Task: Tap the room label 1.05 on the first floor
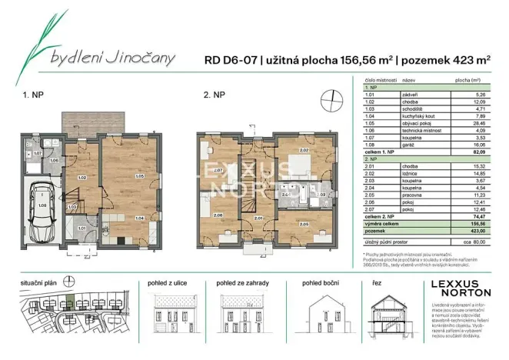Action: click(x=139, y=176)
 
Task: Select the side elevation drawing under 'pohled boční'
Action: click(x=321, y=315)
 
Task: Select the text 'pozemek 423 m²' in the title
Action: click(x=444, y=58)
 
